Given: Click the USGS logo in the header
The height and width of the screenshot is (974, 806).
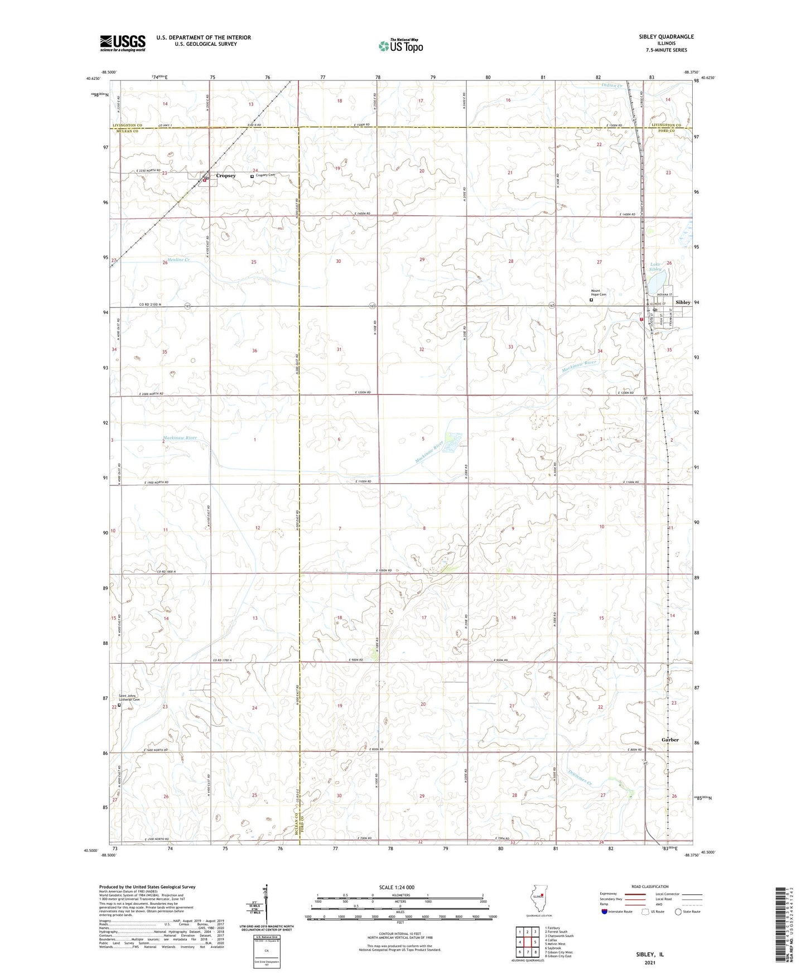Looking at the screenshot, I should pos(123,43).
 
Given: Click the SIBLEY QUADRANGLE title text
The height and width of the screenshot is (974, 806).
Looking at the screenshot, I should pos(666,37).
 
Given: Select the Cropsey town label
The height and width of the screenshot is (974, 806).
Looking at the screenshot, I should pos(226,176).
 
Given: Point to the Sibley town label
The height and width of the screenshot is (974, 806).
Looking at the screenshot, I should pos(683,302).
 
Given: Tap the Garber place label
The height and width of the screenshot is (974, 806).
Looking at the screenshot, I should pos(670,740).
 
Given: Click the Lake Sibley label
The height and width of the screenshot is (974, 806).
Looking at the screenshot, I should pos(656,267).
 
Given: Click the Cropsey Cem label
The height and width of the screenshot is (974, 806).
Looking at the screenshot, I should pos(266,175).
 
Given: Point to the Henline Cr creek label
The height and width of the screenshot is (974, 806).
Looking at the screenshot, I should pos(177,260).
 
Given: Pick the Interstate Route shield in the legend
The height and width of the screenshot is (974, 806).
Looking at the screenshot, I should pos(605,912).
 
